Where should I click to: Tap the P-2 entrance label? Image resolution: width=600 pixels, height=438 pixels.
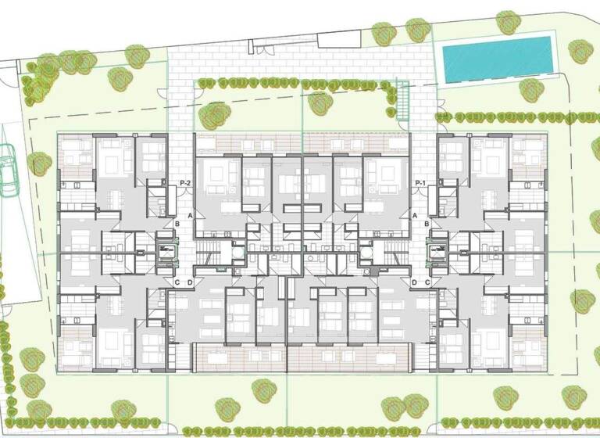click(x=186, y=183)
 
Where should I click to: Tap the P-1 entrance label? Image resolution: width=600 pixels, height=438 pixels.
click(x=420, y=183)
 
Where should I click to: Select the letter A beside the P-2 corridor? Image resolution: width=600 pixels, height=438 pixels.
click(x=191, y=215)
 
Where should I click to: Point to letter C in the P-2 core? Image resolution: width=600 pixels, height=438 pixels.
click(x=178, y=282)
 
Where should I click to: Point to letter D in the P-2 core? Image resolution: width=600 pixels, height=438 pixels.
click(x=191, y=282)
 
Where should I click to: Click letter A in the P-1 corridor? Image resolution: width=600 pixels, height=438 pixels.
click(x=415, y=215)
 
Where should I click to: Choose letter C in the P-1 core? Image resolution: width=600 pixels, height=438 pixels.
click(x=427, y=282)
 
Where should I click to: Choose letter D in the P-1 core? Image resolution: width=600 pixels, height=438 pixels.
click(x=414, y=282)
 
